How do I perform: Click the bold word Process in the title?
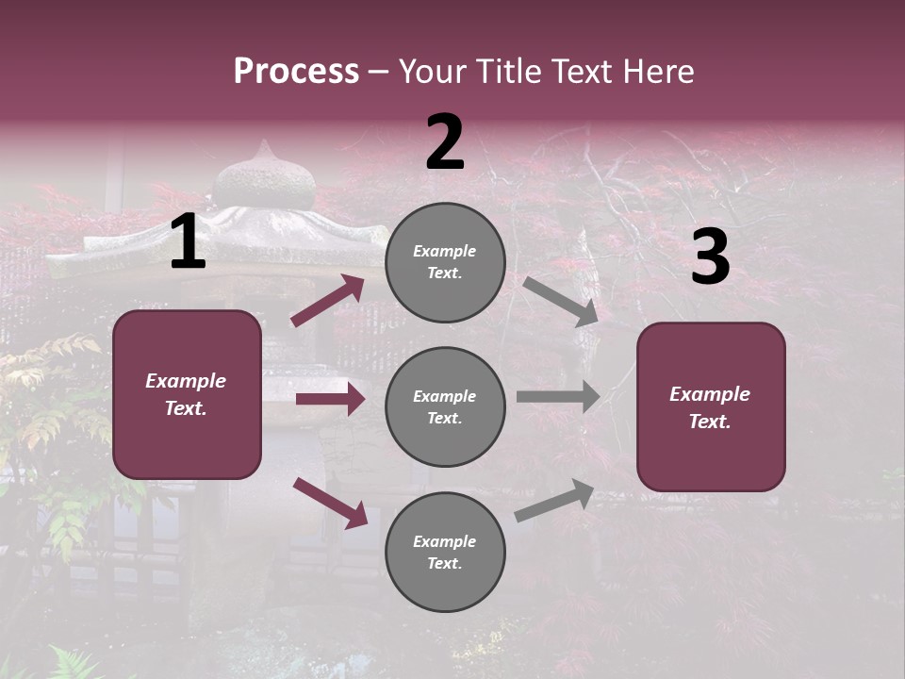(296, 72)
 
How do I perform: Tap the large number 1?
(188, 242)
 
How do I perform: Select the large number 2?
(445, 142)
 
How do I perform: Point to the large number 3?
(710, 257)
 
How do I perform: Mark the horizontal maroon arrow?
(330, 400)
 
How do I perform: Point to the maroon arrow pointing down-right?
(330, 503)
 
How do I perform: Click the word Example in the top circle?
(445, 251)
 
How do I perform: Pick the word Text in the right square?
(710, 422)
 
